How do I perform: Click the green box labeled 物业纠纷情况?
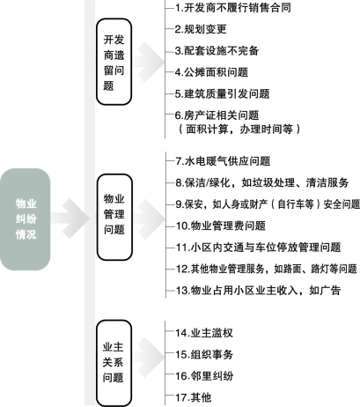click(x=26, y=219)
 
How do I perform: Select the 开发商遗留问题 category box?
click(x=114, y=62)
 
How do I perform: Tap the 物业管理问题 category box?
click(x=114, y=217)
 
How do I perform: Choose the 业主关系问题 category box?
click(x=114, y=363)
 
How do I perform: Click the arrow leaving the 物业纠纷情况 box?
click(x=70, y=218)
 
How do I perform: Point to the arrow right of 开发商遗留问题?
click(x=148, y=62)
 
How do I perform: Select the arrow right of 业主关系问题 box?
click(x=148, y=358)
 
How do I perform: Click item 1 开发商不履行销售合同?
click(x=233, y=8)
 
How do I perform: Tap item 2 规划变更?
click(x=201, y=29)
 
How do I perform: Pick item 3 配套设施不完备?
click(x=217, y=51)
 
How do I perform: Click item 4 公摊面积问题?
click(x=211, y=72)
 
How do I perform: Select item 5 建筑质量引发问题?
click(x=222, y=94)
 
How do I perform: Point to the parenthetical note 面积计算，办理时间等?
click(x=239, y=129)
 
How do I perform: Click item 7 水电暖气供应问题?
click(x=223, y=161)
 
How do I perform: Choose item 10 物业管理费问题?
click(x=221, y=226)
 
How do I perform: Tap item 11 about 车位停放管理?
click(x=258, y=248)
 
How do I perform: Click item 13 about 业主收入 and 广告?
click(x=258, y=291)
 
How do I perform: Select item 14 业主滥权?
click(x=204, y=333)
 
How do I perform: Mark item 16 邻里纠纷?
click(x=204, y=376)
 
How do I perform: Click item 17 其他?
click(x=193, y=397)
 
